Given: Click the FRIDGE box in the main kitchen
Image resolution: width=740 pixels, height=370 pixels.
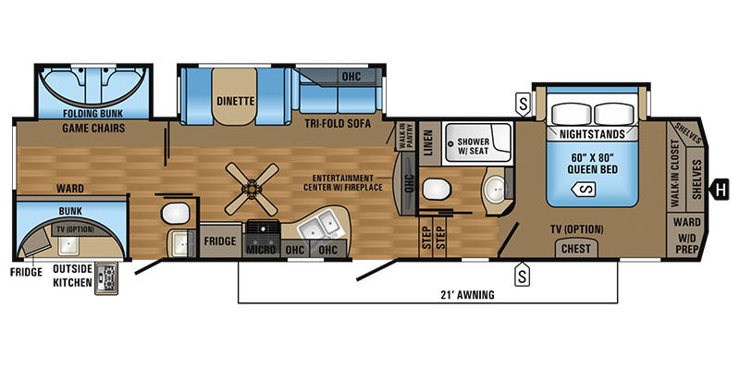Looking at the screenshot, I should click(x=219, y=241).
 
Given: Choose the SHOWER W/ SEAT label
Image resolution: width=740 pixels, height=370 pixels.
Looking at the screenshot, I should click(x=475, y=144).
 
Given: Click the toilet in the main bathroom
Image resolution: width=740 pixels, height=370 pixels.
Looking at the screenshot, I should click(x=434, y=189).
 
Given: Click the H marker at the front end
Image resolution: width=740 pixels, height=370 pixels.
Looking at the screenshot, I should click(x=717, y=191).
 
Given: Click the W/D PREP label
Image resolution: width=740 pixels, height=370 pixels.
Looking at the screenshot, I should click(x=687, y=243).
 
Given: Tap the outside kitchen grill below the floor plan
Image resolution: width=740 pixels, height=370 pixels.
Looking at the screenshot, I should click(x=107, y=278).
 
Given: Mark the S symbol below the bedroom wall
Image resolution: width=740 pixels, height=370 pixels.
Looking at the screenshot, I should click(x=523, y=274).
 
